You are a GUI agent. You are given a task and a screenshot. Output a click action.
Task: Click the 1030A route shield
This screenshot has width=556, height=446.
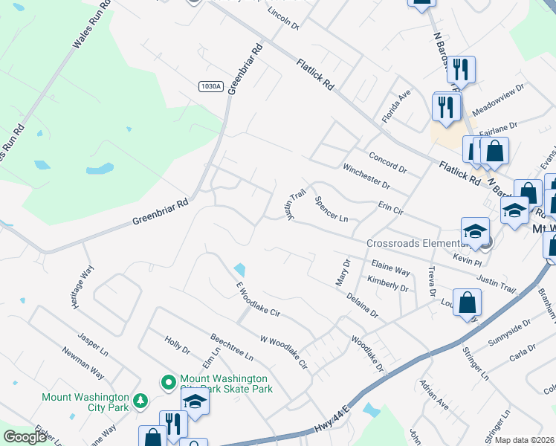210,86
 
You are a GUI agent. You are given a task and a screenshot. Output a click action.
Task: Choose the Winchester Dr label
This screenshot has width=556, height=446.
366,176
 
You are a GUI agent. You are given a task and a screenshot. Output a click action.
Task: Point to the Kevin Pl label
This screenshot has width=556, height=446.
468,261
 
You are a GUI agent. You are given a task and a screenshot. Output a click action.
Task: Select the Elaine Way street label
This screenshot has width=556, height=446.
391,268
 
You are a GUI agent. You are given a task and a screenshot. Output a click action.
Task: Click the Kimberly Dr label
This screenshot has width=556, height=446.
388,283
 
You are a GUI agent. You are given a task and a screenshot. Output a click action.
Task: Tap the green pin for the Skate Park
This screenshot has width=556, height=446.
169,382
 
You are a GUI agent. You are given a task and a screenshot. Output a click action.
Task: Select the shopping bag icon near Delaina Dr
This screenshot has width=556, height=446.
467,303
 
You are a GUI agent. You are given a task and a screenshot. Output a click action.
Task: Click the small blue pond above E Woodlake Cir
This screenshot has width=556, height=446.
239,268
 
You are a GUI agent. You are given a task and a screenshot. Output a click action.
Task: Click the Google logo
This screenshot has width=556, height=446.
25,437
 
